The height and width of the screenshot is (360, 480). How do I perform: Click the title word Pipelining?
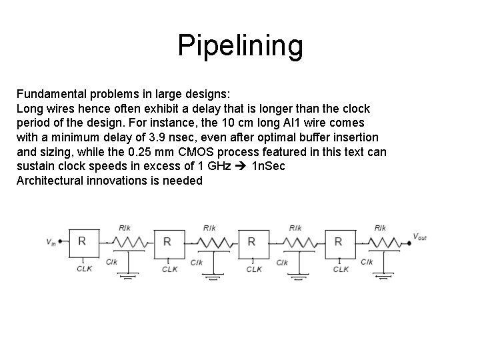pyautogui.click(x=240, y=46)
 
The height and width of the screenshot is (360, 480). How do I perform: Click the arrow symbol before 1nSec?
pyautogui.click(x=240, y=166)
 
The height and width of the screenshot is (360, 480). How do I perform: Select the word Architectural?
pyautogui.click(x=51, y=181)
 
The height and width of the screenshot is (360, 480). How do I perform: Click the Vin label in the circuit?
pyautogui.click(x=51, y=242)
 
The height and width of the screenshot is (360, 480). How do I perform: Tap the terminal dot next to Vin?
pyautogui.click(x=61, y=241)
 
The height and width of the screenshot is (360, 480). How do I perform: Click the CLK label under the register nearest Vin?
pyautogui.click(x=84, y=269)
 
